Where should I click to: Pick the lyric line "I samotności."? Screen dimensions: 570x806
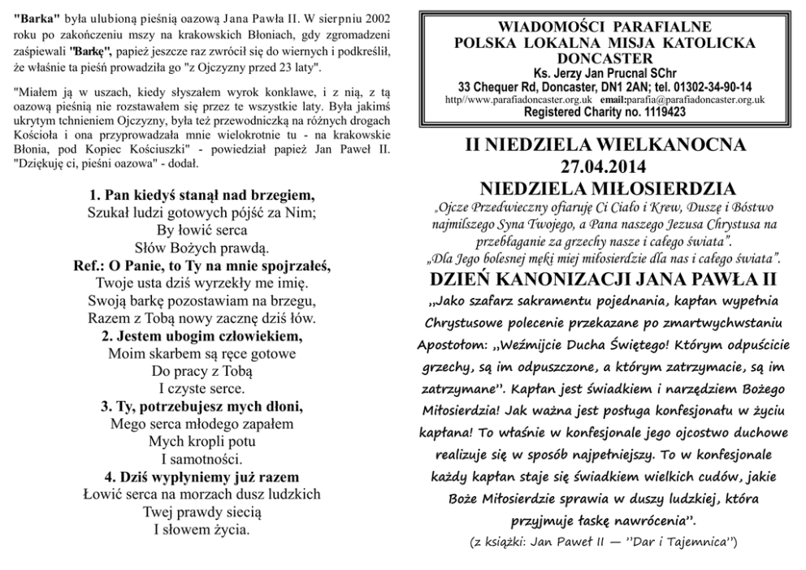201,459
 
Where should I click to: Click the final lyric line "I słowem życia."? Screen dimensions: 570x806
201,529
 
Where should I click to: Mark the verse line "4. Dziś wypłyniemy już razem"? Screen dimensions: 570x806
201,477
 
